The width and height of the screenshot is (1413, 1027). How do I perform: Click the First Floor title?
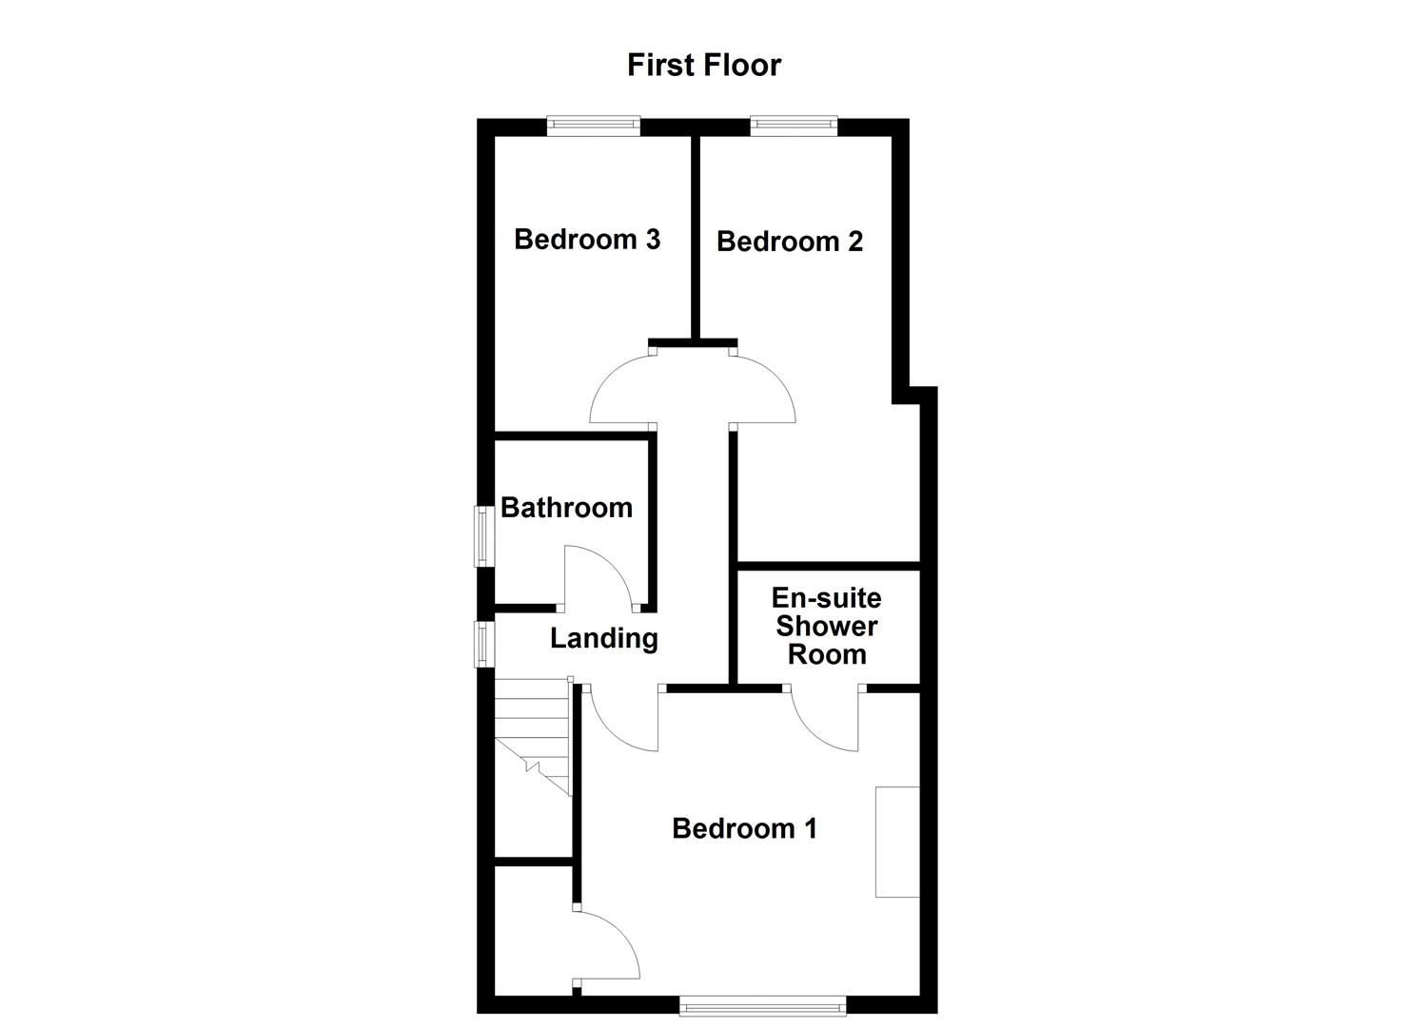(704, 65)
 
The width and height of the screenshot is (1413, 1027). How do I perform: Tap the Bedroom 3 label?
(587, 239)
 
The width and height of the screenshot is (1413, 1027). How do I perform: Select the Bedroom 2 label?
(790, 242)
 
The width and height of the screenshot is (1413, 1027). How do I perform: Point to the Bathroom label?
(566, 508)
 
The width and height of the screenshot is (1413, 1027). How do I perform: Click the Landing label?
(604, 638)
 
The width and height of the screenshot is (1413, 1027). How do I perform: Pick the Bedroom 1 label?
(744, 828)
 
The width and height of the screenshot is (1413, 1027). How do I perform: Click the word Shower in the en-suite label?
(827, 627)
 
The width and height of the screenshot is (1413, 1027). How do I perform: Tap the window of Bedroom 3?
(594, 126)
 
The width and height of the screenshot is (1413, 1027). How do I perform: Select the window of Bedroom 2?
(794, 126)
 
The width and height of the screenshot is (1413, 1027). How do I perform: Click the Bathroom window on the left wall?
(485, 536)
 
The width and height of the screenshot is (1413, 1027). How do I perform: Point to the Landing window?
(485, 644)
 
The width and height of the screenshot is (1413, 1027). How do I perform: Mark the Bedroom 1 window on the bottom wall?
(762, 1004)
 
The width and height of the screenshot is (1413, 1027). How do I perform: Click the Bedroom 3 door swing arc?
(618, 390)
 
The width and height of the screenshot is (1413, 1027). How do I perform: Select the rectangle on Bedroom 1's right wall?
(897, 842)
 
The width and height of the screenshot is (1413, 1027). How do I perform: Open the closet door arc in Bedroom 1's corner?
(609, 946)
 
